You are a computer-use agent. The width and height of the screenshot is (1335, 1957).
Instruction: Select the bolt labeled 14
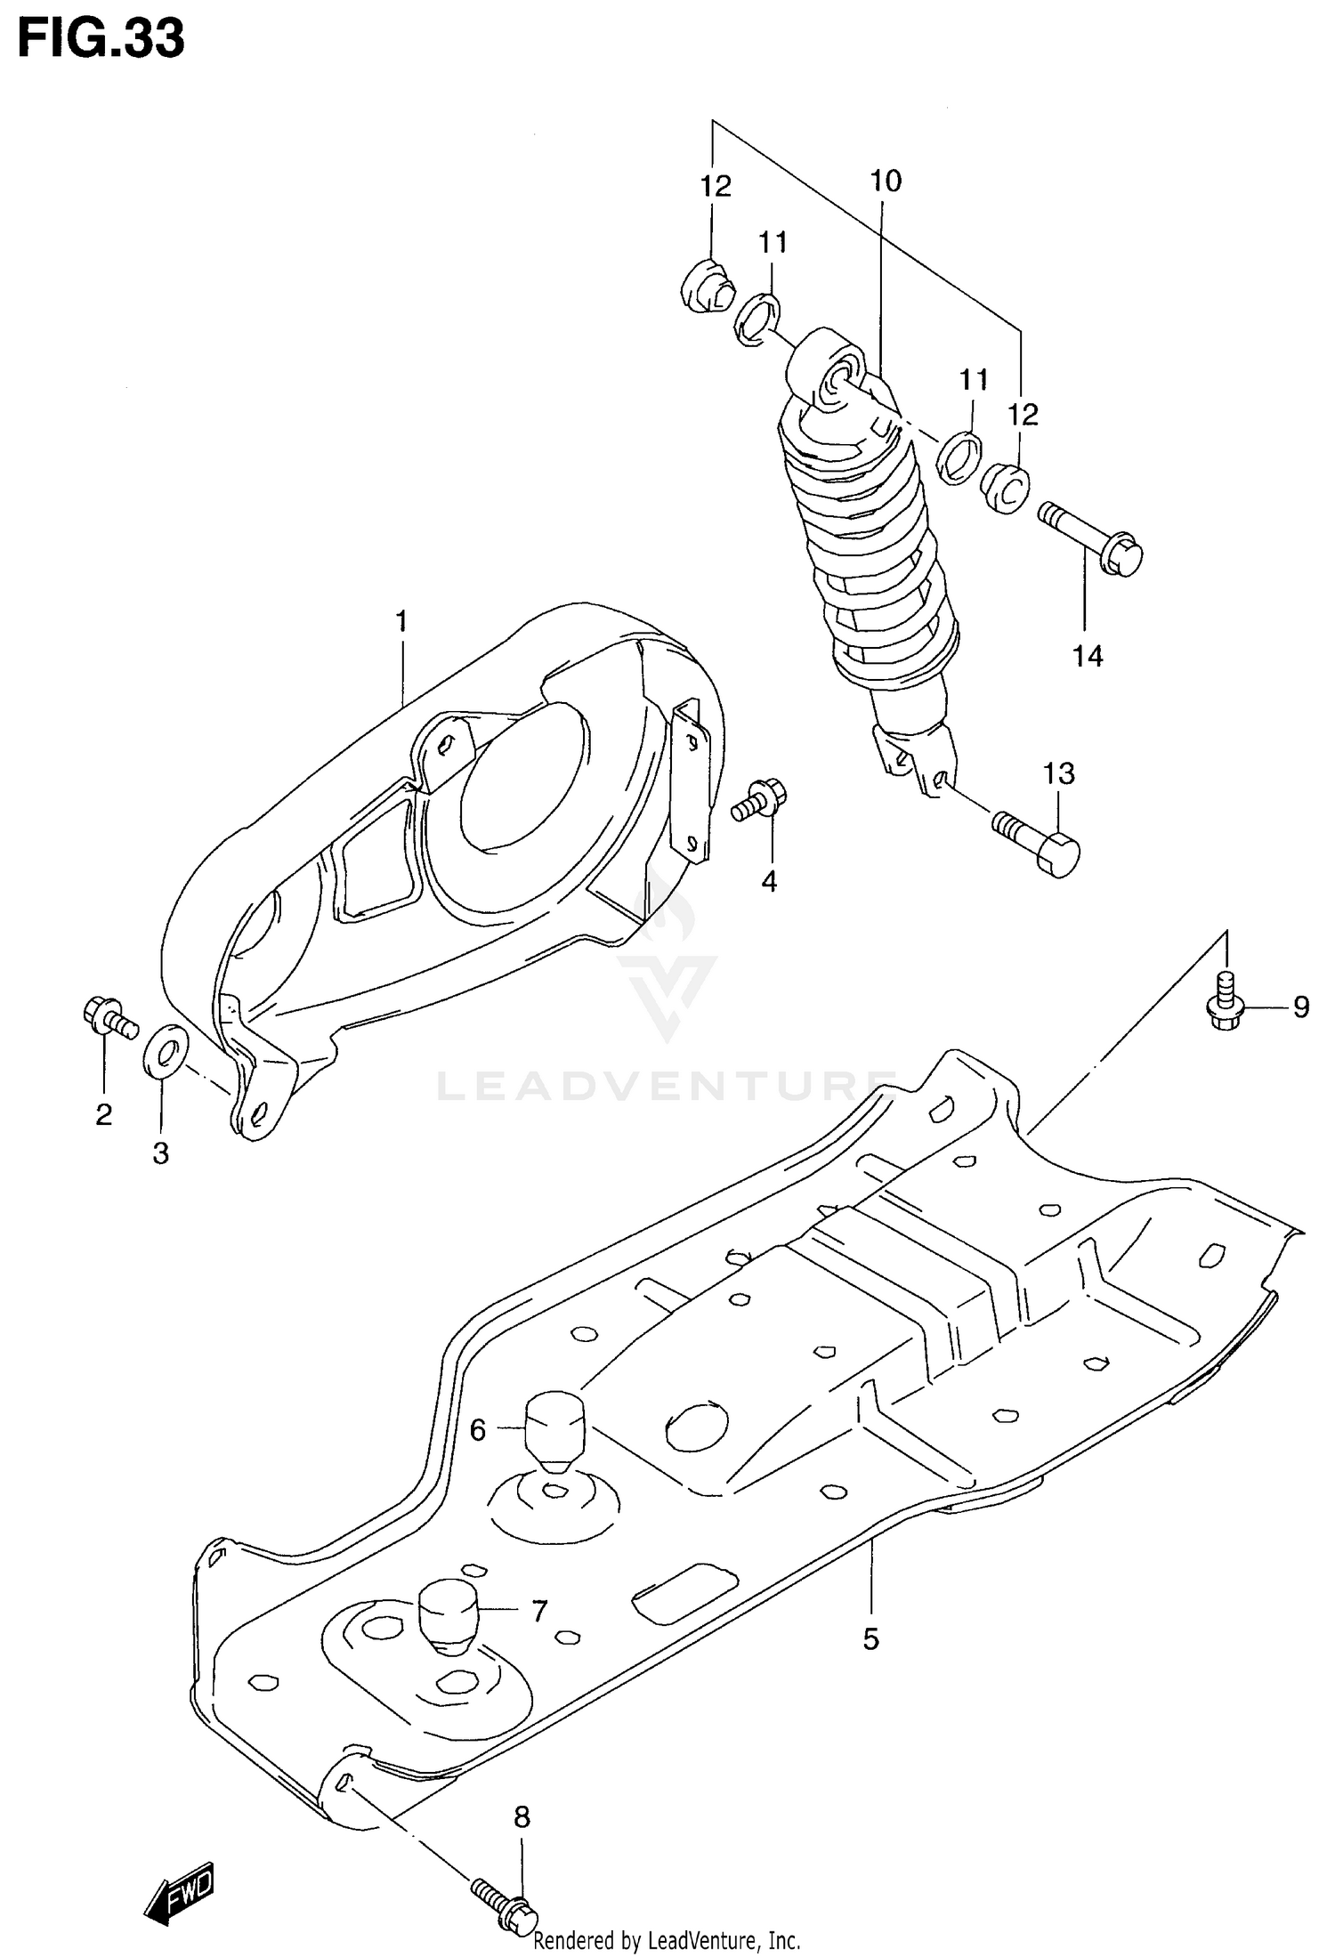pos(1091,538)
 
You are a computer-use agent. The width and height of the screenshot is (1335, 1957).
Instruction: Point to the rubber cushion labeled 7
pos(449,1613)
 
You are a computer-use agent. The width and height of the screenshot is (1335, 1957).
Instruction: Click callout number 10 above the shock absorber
pos(885,182)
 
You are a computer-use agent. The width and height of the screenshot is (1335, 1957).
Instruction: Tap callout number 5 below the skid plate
pos(870,1638)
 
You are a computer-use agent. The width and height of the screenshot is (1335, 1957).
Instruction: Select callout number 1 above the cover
pos(401,620)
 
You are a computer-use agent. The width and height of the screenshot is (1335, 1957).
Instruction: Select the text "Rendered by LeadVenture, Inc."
pos(667,1940)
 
